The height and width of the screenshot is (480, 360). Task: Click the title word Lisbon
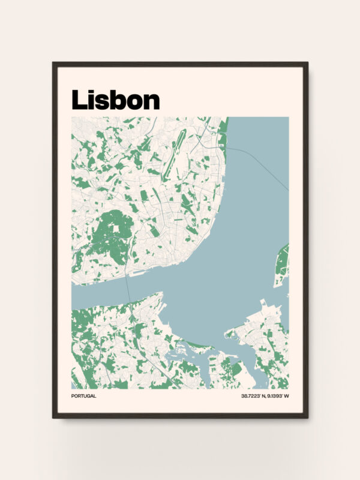(115, 100)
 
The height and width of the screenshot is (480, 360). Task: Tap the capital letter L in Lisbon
(78, 100)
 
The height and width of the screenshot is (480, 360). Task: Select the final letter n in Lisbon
(152, 102)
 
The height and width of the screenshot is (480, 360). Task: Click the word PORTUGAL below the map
(83, 397)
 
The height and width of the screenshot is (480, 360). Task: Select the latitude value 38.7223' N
(255, 397)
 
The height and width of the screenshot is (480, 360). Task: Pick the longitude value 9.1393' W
(279, 397)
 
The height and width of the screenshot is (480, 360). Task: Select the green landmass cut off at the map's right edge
(282, 264)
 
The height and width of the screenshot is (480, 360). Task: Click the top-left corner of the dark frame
(53, 63)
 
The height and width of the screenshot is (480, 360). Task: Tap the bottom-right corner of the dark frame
(307, 417)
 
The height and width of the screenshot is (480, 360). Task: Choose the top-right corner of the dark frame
(307, 63)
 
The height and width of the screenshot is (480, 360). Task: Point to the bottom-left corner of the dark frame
(53, 417)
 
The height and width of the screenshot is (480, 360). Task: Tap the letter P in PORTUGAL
(73, 397)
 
